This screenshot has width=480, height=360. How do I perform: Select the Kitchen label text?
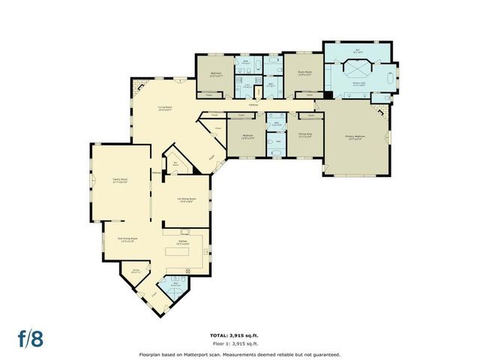point(183,241)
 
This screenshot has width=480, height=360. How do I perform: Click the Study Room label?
point(304,73)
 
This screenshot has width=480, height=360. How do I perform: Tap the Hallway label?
point(253,104)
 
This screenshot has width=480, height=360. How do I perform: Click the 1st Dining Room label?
point(185,199)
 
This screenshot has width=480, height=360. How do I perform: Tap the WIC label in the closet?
point(357,52)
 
